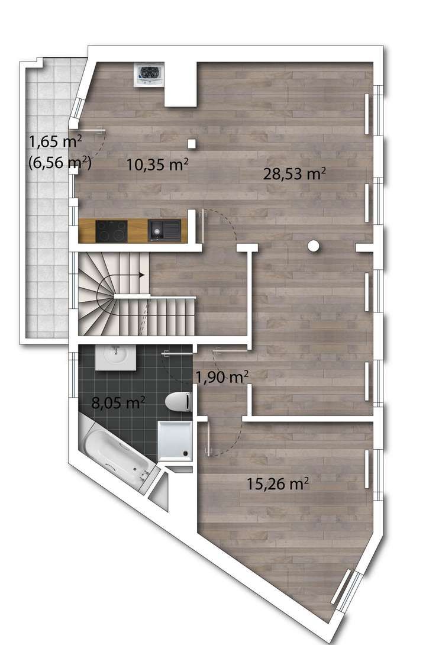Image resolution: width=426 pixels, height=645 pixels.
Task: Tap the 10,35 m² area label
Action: click(157, 165)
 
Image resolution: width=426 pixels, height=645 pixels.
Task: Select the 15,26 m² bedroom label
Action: click(277, 484)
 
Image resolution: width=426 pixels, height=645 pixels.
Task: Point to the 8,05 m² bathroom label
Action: click(118, 404)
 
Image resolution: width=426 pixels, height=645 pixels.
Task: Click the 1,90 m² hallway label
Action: click(221, 377)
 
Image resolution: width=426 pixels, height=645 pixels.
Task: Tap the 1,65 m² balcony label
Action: click(54, 142)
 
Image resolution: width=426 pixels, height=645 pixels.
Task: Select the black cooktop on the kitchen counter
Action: click(111, 231)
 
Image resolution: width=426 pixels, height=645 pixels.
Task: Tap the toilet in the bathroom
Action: click(179, 402)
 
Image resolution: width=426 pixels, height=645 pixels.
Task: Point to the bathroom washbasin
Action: click(117, 357)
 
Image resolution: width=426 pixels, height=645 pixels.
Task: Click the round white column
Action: click(314, 246)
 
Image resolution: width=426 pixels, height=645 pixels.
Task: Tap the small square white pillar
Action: click(191, 143)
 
